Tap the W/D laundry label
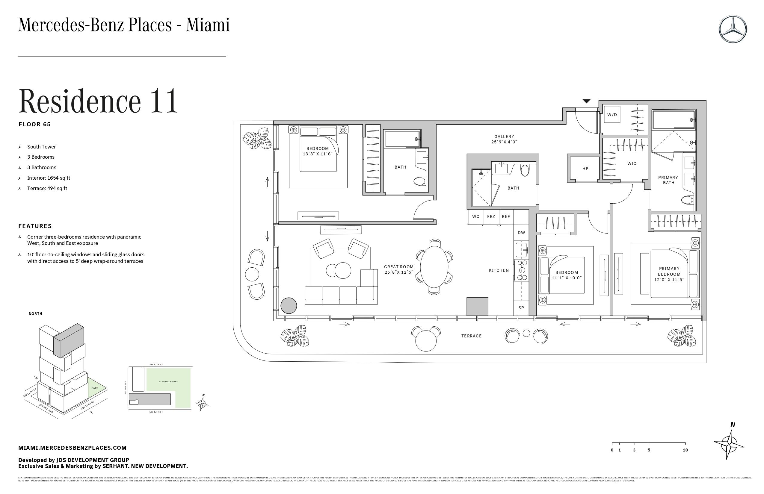(x=612, y=115)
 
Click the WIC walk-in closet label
(x=632, y=163)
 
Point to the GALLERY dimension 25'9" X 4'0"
(x=504, y=142)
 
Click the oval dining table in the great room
(x=434, y=266)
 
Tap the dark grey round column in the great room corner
(x=289, y=306)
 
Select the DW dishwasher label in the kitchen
(x=521, y=233)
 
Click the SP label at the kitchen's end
(x=521, y=308)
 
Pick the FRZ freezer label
(x=491, y=217)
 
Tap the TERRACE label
(x=471, y=336)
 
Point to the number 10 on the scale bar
(x=685, y=450)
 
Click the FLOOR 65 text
(x=35, y=125)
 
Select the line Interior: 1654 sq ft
(x=49, y=178)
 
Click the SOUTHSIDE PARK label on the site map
(x=168, y=382)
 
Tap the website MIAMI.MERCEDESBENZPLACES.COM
(x=72, y=448)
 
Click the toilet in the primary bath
(x=687, y=200)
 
